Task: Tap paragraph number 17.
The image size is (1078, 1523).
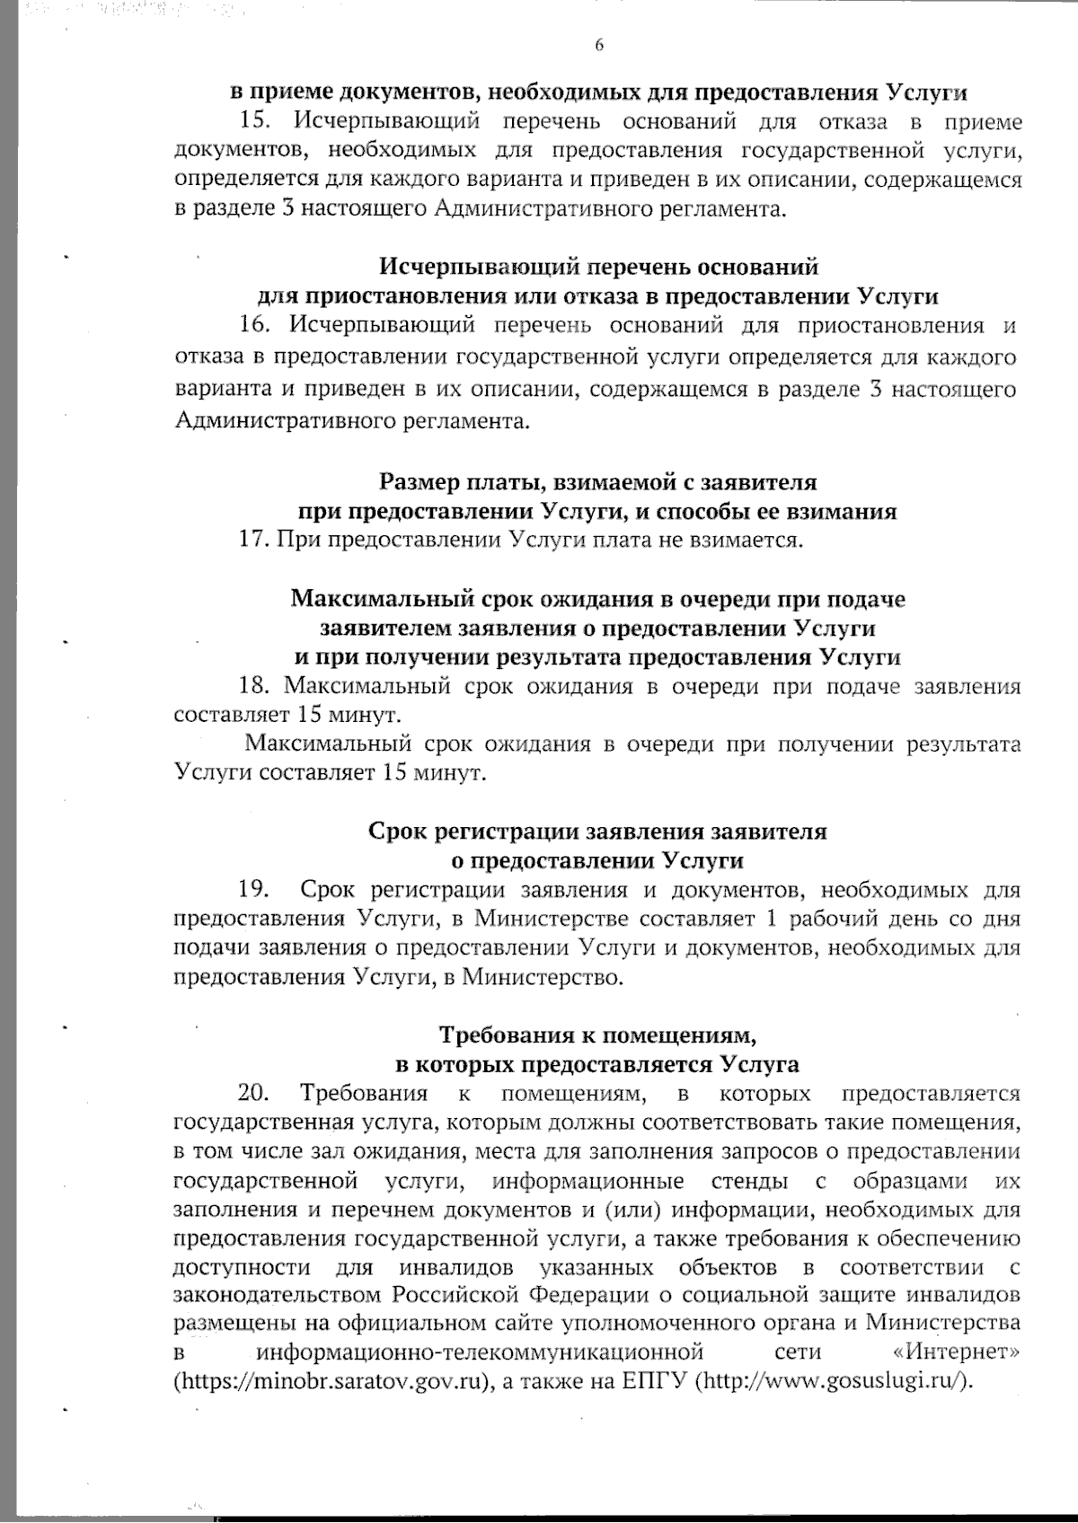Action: click(254, 540)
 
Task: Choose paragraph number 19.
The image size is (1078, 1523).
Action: click(254, 890)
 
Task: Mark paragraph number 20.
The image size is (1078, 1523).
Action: click(253, 1094)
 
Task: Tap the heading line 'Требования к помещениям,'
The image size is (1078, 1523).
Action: click(597, 1035)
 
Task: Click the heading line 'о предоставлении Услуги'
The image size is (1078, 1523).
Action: click(597, 860)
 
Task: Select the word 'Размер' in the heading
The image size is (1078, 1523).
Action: click(418, 482)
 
